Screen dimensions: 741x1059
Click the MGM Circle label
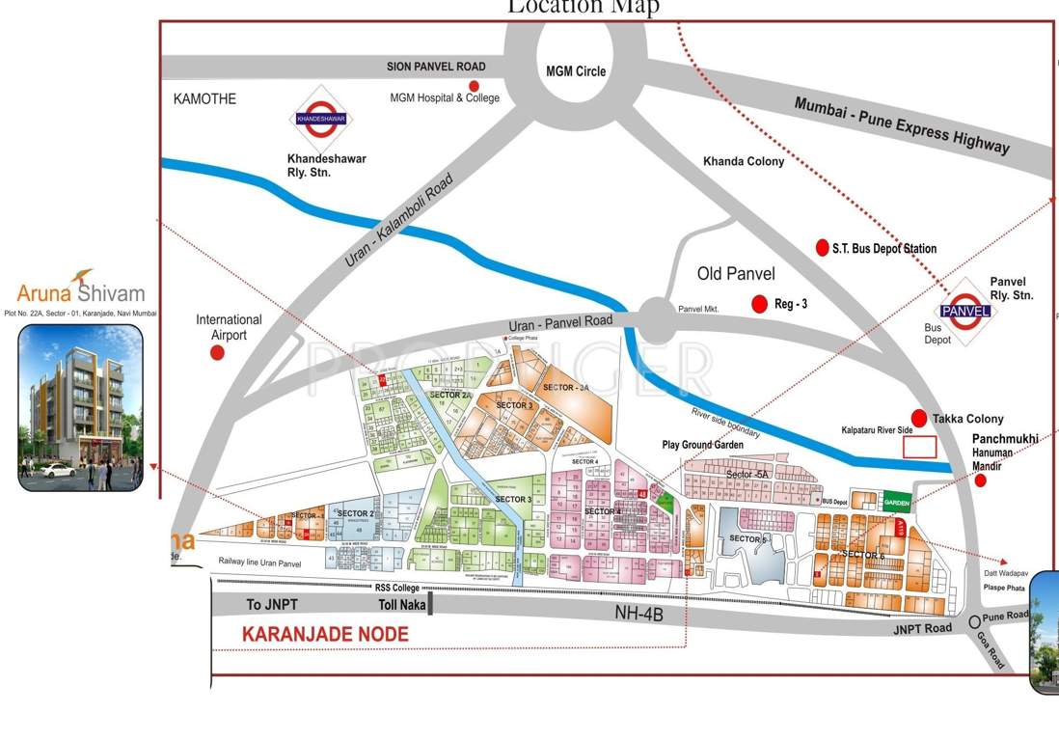pyautogui.click(x=576, y=71)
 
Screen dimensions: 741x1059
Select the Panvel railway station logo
pyautogui.click(x=965, y=311)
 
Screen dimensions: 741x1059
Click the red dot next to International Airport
pyautogui.click(x=218, y=353)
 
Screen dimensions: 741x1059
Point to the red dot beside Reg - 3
pyautogui.click(x=760, y=304)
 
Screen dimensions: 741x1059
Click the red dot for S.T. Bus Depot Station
pyautogui.click(x=822, y=247)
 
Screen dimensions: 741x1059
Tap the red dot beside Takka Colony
pyautogui.click(x=918, y=418)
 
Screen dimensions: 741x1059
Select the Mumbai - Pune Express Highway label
pyautogui.click(x=901, y=124)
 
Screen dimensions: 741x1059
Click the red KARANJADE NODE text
pyautogui.click(x=325, y=634)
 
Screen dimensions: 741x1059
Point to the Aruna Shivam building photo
pyautogui.click(x=80, y=406)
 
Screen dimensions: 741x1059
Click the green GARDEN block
pyautogui.click(x=897, y=503)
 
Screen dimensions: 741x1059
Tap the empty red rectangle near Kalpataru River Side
pyautogui.click(x=919, y=447)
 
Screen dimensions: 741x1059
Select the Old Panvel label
pyautogui.click(x=736, y=274)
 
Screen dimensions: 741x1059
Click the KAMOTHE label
pyautogui.click(x=204, y=98)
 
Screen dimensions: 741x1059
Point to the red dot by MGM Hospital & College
pyautogui.click(x=474, y=86)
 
